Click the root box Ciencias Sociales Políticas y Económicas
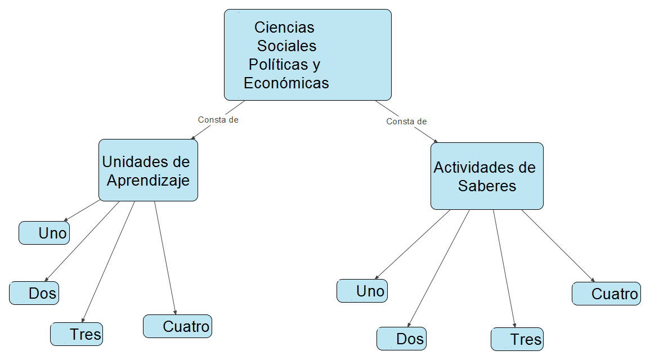pos(307,55)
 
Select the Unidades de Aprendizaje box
pos(148,170)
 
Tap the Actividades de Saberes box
pos(487,176)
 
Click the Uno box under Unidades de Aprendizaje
pos(44,233)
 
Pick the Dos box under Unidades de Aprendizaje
pos(34,293)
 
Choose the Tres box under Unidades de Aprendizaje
pos(77,334)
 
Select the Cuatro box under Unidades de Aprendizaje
pos(177,326)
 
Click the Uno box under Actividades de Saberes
pos(362,291)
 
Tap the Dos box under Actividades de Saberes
pos(401,339)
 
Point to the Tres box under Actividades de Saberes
pos(517,339)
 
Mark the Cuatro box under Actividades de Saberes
pos(606,294)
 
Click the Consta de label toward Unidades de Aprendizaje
pos(218,120)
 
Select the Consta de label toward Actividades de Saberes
pos(406,121)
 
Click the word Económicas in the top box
pos(286,83)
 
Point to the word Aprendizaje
pos(148,181)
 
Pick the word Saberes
pos(487,186)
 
